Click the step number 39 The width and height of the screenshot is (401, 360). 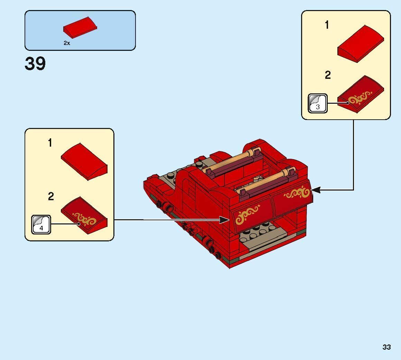point(35,64)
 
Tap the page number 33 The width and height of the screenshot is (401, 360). point(386,347)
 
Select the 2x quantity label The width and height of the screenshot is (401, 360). point(67,43)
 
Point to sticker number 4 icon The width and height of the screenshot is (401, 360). point(41,224)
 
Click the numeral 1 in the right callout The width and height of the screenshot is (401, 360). point(327,25)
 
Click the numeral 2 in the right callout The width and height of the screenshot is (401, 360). point(328,75)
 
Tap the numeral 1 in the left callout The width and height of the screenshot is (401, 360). point(50,143)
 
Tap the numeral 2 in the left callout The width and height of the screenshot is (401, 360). point(51,197)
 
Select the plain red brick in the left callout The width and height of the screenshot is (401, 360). point(84,161)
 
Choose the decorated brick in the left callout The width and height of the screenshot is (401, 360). point(84,215)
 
